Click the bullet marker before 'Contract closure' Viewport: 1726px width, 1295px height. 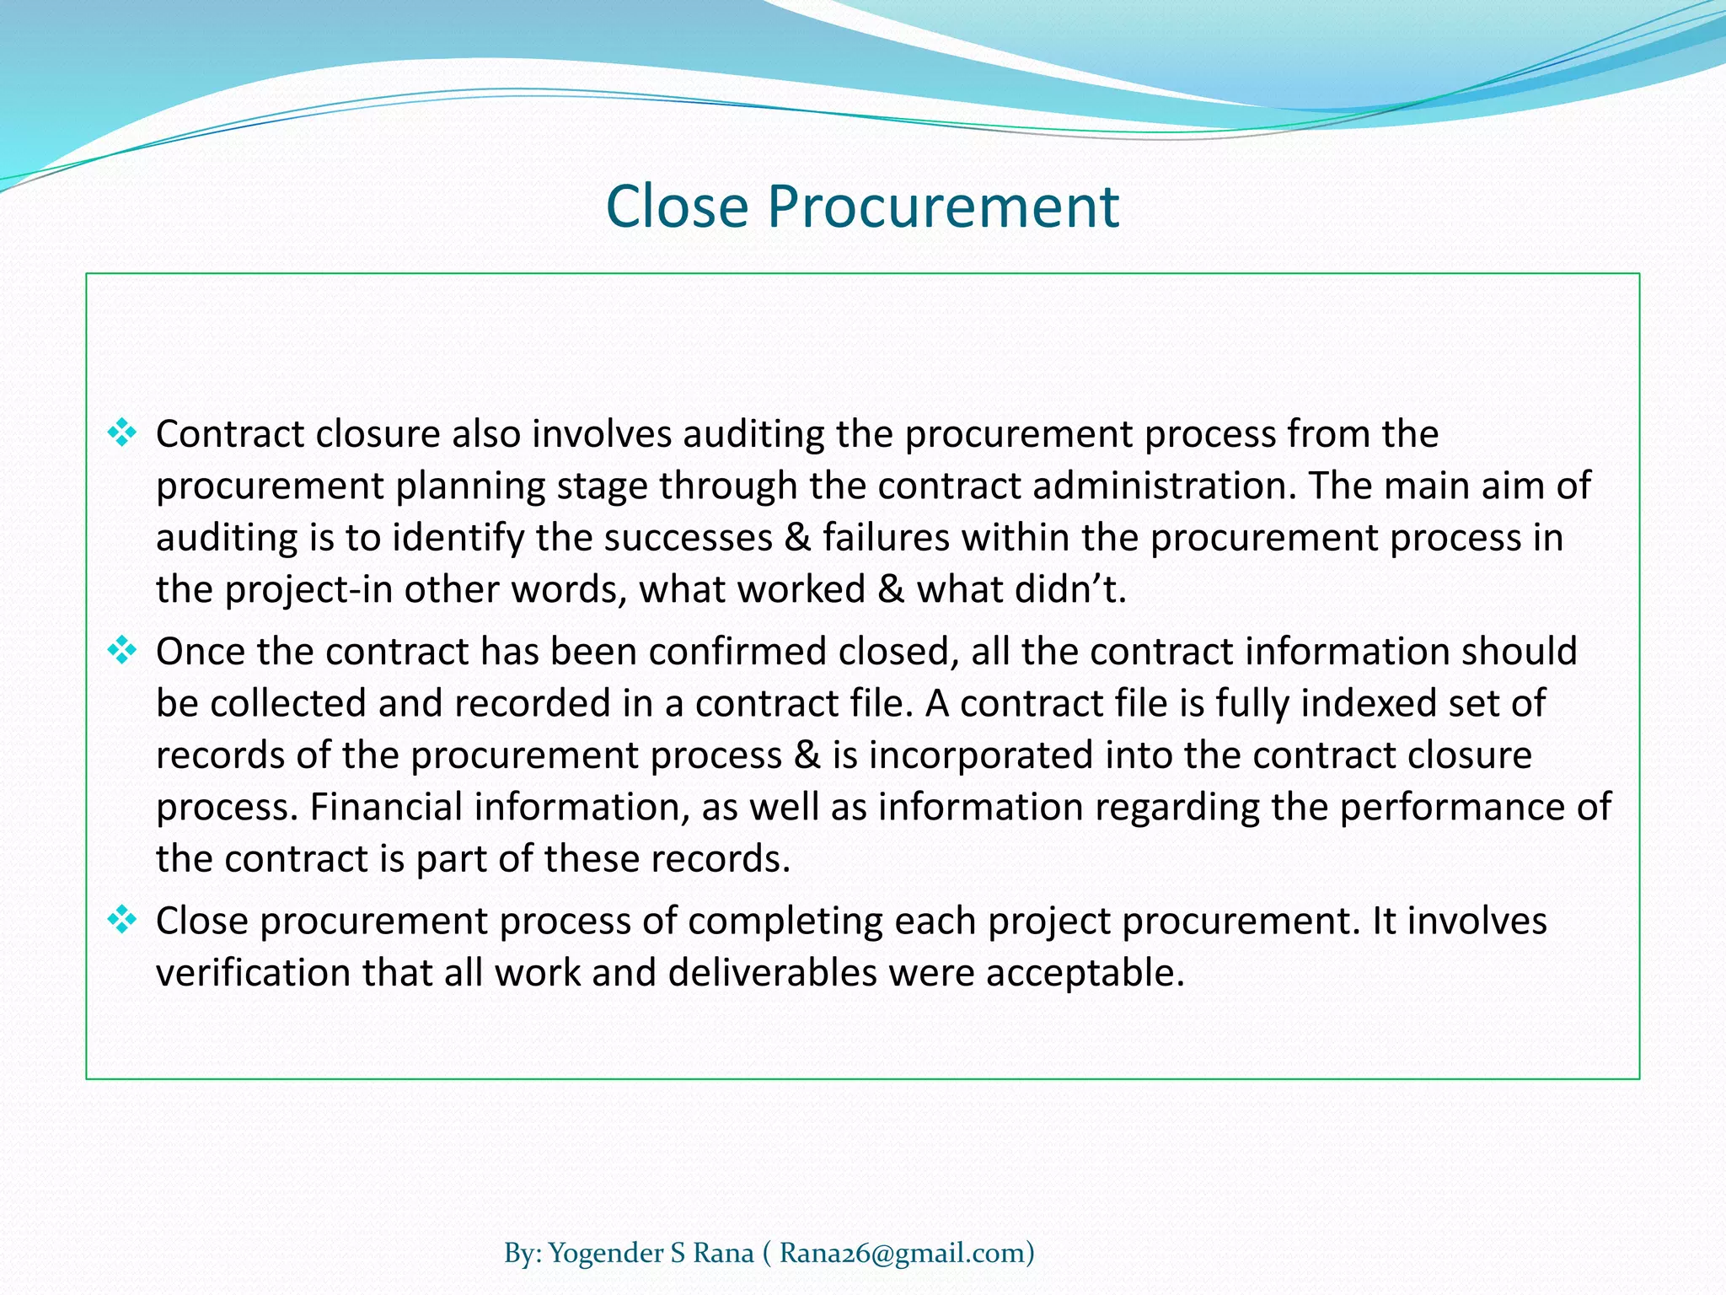point(122,433)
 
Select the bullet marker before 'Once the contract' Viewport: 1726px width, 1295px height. point(122,651)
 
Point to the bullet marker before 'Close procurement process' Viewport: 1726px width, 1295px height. point(122,920)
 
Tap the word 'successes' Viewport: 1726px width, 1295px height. point(689,538)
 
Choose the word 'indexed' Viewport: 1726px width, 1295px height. point(1368,703)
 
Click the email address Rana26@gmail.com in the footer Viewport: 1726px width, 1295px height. point(901,1254)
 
